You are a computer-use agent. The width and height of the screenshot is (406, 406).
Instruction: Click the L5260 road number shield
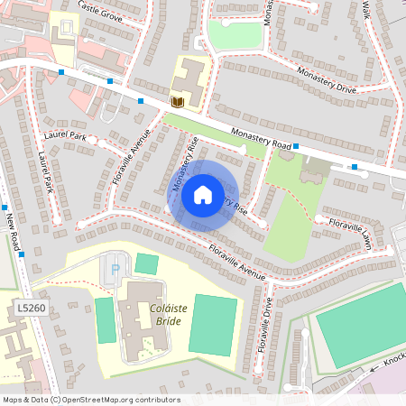click(30, 309)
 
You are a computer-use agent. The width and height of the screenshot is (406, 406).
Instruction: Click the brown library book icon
click(178, 102)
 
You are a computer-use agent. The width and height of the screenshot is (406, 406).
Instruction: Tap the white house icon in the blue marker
click(203, 194)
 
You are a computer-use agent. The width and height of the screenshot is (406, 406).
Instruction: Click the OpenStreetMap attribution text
click(90, 400)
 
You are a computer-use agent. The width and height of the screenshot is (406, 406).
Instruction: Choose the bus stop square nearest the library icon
click(141, 101)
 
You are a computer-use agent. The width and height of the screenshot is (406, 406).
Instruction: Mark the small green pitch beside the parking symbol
click(146, 263)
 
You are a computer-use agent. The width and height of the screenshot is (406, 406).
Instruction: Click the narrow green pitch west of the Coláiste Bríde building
click(106, 319)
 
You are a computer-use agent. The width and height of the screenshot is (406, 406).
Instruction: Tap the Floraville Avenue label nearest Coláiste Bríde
click(238, 261)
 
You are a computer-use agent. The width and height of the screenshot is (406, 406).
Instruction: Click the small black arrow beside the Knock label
click(373, 368)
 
